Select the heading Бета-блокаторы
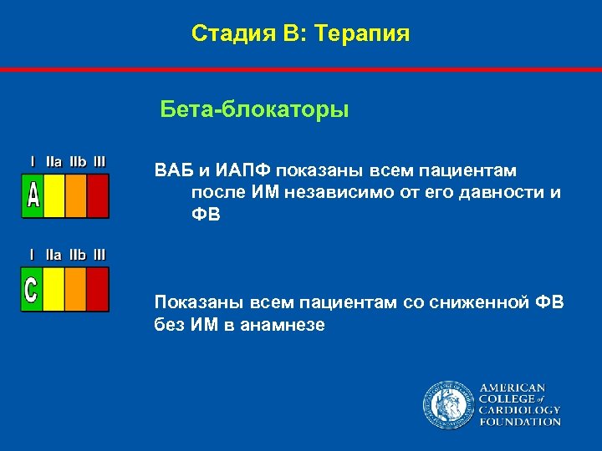click(254, 110)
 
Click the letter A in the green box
click(33, 195)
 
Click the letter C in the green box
click(32, 290)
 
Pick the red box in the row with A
click(98, 195)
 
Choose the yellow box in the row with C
click(54, 290)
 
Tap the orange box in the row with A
click(76, 195)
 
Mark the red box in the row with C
click(98, 290)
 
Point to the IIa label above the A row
click(54, 160)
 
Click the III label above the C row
click(99, 254)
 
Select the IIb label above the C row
click(77, 254)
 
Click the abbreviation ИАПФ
click(244, 170)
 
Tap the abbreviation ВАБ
click(174, 170)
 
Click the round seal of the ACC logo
click(447, 405)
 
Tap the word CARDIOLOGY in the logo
click(518, 410)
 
